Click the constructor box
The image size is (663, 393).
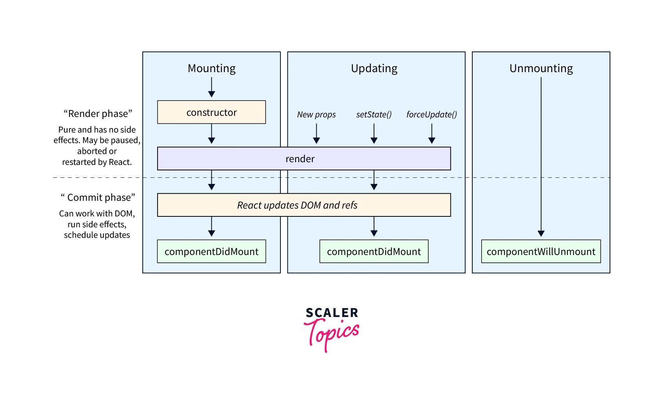coord(211,112)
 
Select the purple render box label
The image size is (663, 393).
coord(300,159)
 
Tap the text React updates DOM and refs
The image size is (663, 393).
coord(297,205)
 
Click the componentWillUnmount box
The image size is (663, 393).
coord(541,251)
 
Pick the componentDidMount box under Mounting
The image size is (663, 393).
coord(211,251)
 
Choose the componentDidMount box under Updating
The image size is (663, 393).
coord(374,251)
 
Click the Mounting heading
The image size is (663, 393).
coord(211,68)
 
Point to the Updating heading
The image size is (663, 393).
coord(374,68)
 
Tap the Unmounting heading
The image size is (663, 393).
coord(541,68)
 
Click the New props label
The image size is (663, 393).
coord(316,115)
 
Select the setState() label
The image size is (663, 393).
coord(374,115)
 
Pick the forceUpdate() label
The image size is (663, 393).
coord(431,115)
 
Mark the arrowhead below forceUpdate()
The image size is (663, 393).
coord(432,140)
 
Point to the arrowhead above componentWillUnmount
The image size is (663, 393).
coord(541,233)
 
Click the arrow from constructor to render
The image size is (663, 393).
coord(211,134)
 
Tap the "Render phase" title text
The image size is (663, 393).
coord(98,113)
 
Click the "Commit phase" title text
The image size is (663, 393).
coord(98,197)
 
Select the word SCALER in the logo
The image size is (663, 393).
coord(332,313)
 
